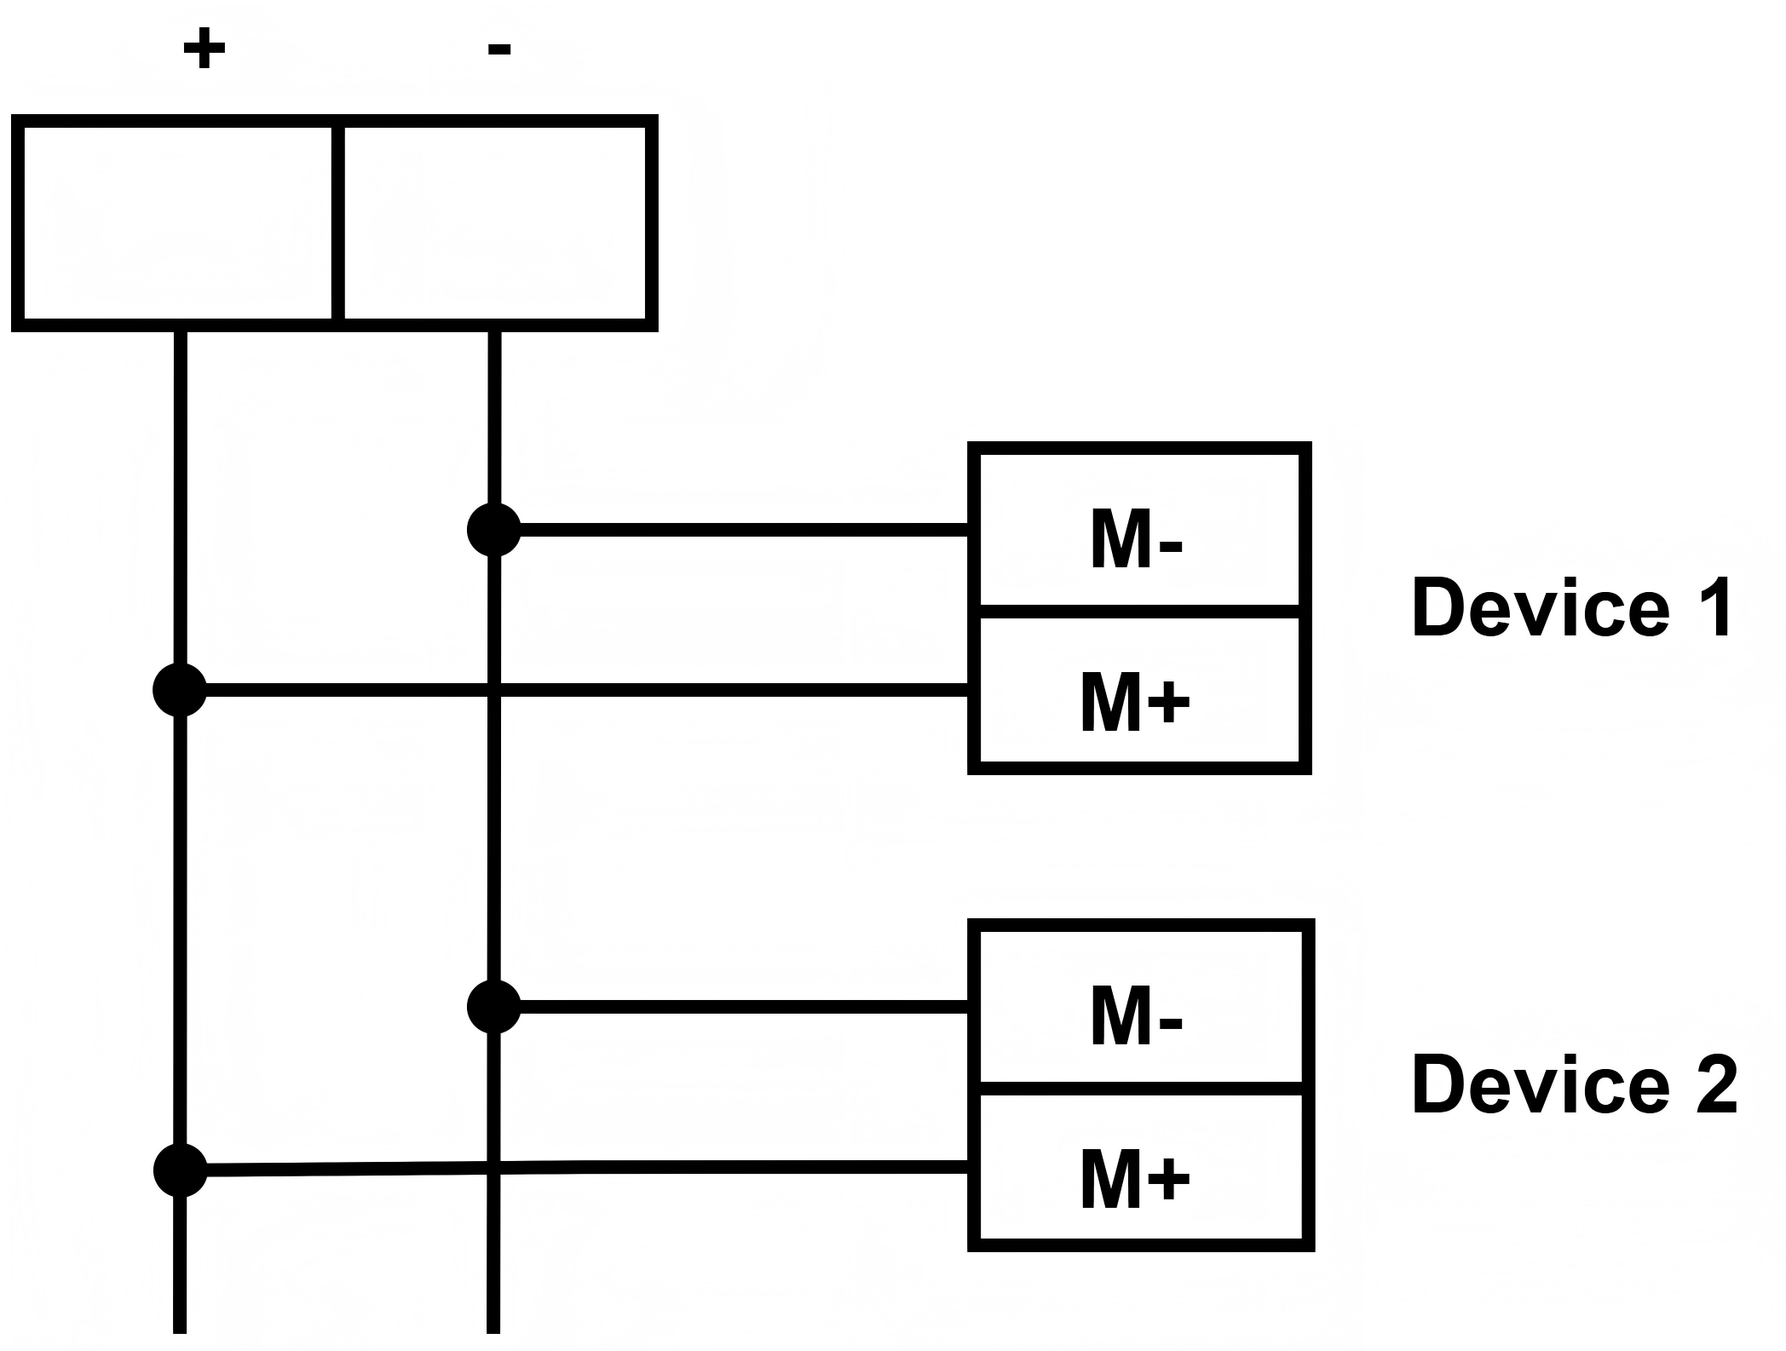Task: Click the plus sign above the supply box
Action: pyautogui.click(x=204, y=49)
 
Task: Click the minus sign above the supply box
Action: pyautogui.click(x=498, y=49)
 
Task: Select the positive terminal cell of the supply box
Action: pyautogui.click(x=177, y=223)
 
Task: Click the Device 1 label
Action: pyautogui.click(x=1572, y=608)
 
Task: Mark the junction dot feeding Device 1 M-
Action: pyautogui.click(x=494, y=530)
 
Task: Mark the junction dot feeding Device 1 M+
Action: pyautogui.click(x=180, y=689)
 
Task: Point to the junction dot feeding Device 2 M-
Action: pyautogui.click(x=494, y=1007)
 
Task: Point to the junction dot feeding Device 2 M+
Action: pyautogui.click(x=180, y=1170)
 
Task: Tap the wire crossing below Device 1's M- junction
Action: pyautogui.click(x=494, y=689)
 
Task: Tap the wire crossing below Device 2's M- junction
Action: pyautogui.click(x=494, y=1168)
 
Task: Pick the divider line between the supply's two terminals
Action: pyautogui.click(x=338, y=223)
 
